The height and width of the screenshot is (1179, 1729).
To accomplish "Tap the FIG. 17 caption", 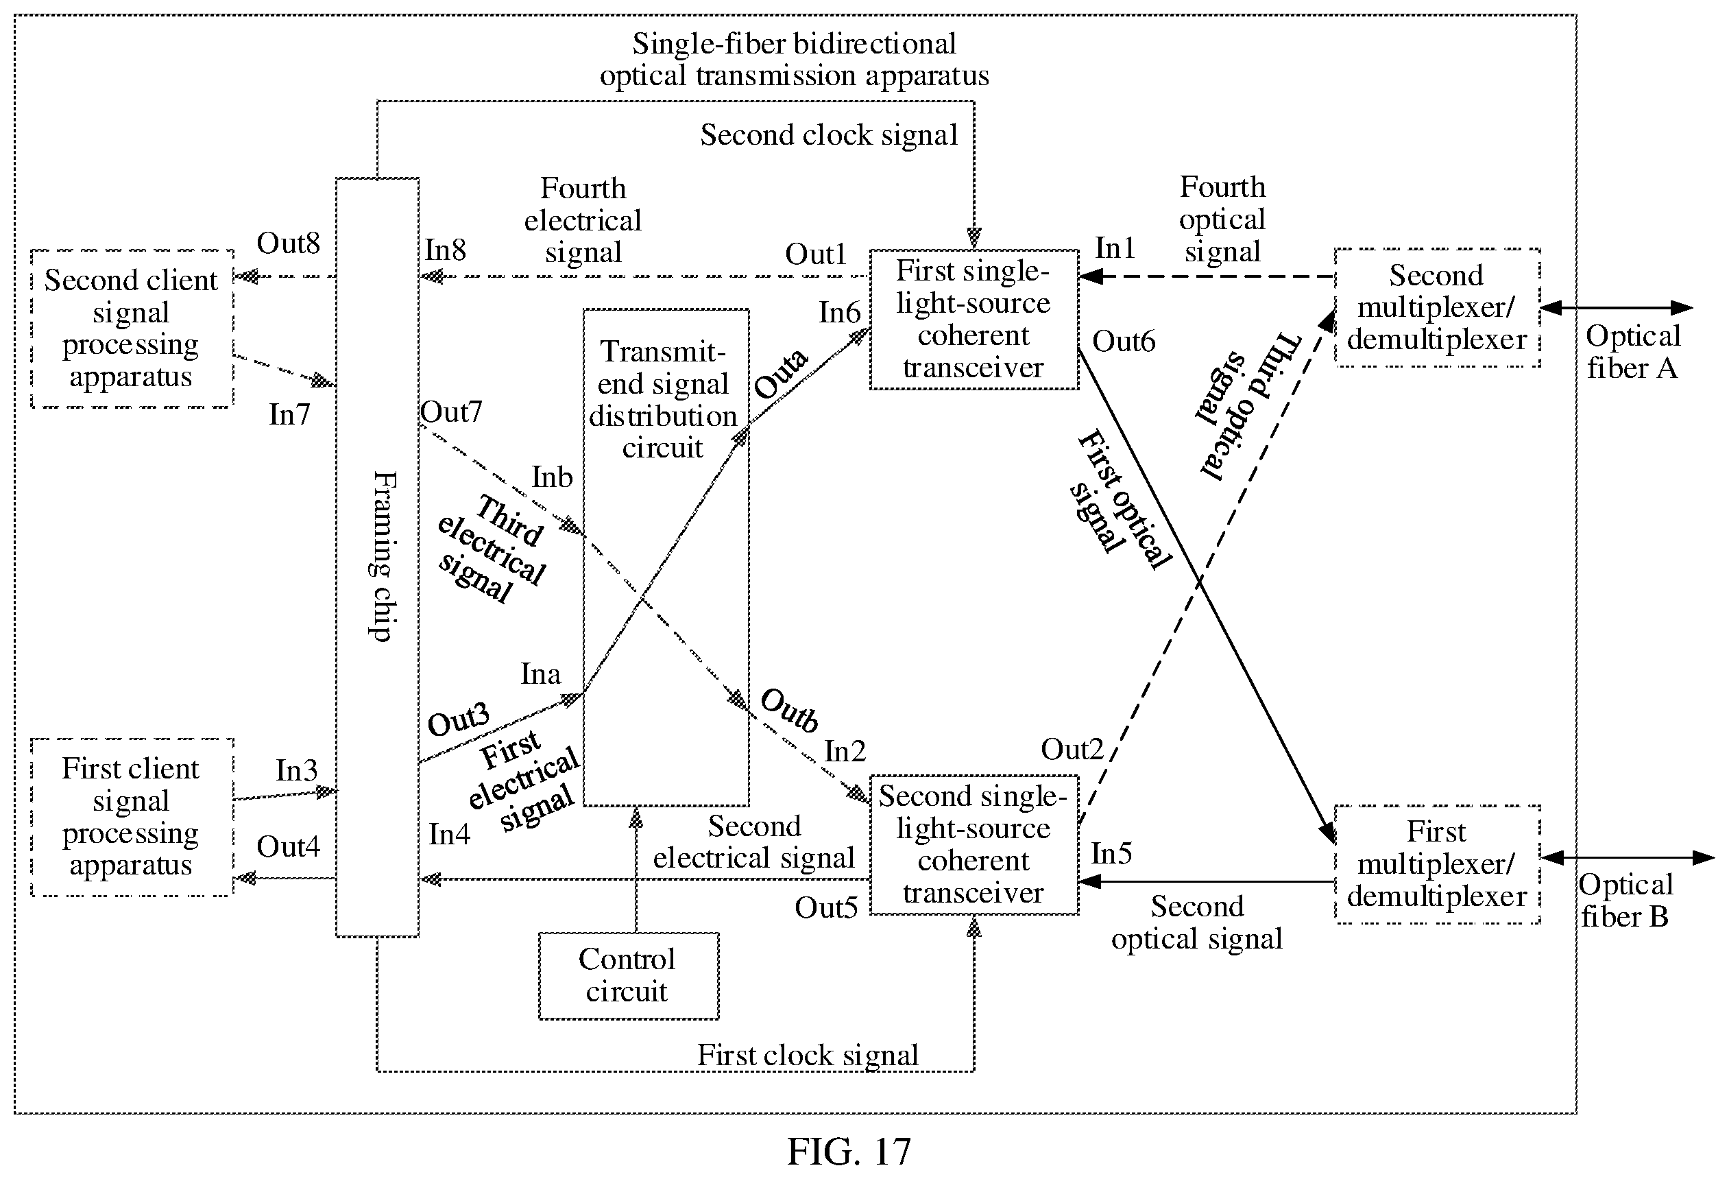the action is click(849, 1152).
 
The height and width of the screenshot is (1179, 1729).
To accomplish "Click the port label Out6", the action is click(1124, 342).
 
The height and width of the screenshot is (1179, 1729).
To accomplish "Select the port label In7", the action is click(289, 414).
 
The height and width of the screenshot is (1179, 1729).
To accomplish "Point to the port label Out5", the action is click(826, 907).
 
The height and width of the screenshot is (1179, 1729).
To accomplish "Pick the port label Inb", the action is click(552, 477).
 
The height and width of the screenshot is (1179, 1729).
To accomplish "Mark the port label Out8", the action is click(288, 243).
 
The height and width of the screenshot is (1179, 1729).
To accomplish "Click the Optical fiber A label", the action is click(1633, 352).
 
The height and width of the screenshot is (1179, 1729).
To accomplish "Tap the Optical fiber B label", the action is click(1626, 901).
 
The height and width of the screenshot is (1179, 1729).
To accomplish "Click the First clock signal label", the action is click(808, 1056).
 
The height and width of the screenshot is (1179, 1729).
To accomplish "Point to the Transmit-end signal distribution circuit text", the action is click(663, 400).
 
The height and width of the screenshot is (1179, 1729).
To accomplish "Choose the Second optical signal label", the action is click(1197, 922).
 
